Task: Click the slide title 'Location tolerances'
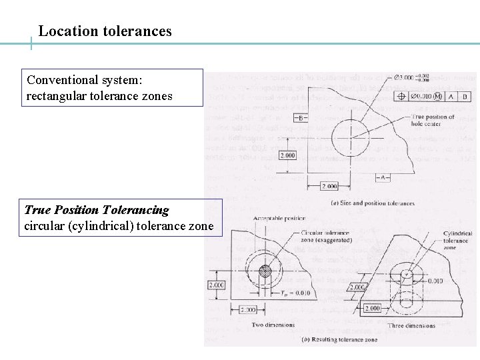click(x=105, y=31)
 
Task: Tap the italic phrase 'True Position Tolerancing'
click(x=97, y=210)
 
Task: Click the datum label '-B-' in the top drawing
click(x=301, y=118)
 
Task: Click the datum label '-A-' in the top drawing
click(x=385, y=177)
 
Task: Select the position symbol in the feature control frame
click(x=402, y=96)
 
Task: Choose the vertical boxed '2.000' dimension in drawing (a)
click(x=287, y=155)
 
